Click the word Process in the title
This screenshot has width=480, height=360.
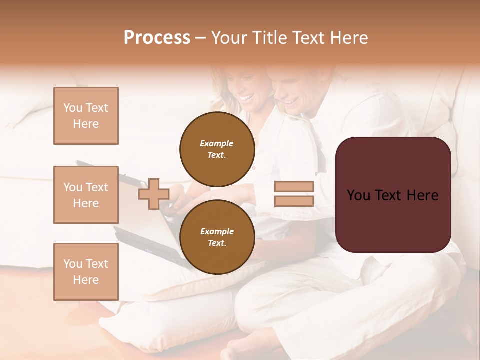(x=157, y=38)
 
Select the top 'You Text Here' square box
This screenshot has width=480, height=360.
(x=86, y=116)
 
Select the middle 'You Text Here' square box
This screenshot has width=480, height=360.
(x=86, y=195)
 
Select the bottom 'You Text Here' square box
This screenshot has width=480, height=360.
(x=86, y=272)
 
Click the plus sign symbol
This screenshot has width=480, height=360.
(x=153, y=194)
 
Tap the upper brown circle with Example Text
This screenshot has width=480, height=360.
(x=217, y=149)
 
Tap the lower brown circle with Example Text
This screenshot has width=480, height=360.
(x=217, y=237)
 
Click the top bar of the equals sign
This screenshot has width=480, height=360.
(x=294, y=186)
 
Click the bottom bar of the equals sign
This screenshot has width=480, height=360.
(x=294, y=201)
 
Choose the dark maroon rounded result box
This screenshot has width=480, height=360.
(x=393, y=215)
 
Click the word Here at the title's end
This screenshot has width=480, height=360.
(x=350, y=38)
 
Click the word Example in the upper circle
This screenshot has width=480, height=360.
(x=217, y=143)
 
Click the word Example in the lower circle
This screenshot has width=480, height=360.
(x=217, y=231)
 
